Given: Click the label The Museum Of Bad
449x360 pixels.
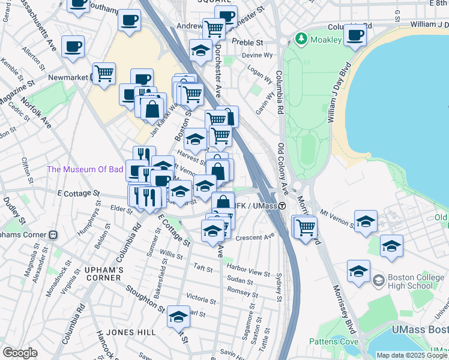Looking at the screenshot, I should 85,169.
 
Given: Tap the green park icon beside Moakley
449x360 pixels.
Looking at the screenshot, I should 301,40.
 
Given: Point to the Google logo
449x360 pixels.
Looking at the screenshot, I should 20,353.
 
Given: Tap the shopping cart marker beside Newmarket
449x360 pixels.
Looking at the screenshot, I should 104,73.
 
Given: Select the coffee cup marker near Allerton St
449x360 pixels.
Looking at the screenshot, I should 73,46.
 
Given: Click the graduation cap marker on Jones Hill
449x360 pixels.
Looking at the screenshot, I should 178,317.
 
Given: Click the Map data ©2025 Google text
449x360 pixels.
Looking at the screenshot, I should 412,355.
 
